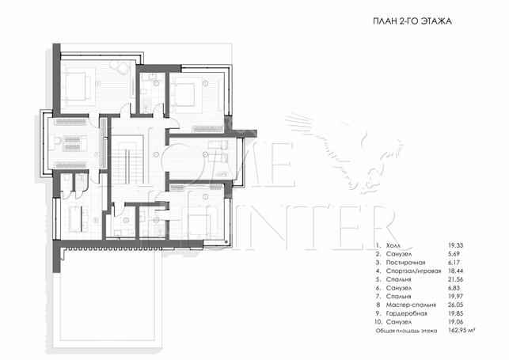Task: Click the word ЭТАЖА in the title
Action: [x=435, y=21]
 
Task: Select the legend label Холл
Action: [x=393, y=245]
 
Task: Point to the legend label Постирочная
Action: [x=405, y=263]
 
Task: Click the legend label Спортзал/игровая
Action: [x=413, y=271]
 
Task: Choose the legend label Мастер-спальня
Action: [x=411, y=305]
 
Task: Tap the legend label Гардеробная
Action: [x=406, y=313]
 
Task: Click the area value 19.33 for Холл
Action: [x=455, y=245]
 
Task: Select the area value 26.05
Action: [x=455, y=305]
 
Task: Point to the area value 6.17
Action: [x=454, y=263]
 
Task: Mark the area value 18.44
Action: [x=455, y=271]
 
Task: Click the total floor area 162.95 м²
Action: [x=462, y=331]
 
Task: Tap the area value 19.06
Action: [x=455, y=322]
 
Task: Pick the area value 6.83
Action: [x=454, y=288]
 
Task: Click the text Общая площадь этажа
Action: [x=406, y=331]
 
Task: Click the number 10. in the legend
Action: [x=378, y=322]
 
